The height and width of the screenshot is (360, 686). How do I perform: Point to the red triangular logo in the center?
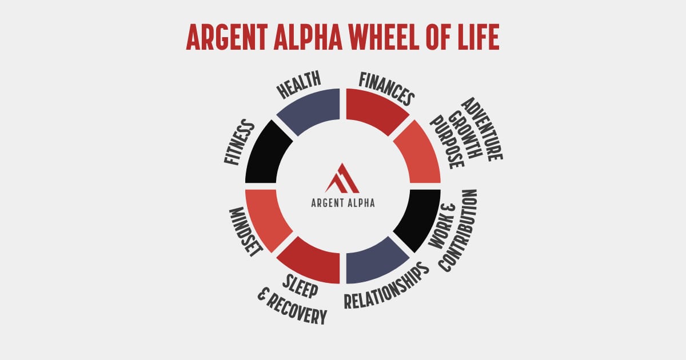342,178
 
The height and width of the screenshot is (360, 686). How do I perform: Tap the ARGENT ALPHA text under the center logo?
343,202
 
